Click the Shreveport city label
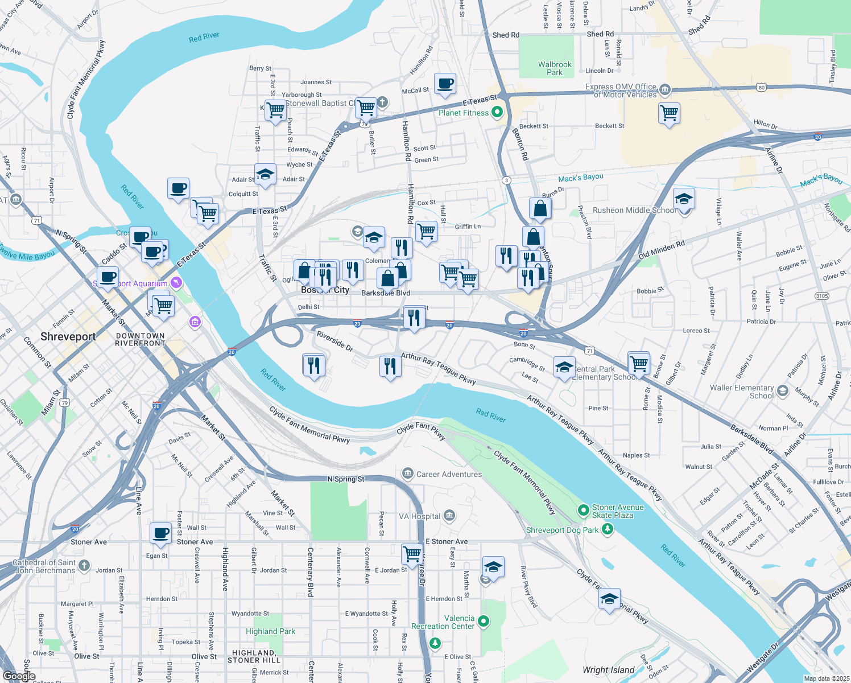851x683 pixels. tap(68, 337)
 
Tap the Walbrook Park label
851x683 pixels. tap(555, 68)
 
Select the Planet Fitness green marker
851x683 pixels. tap(497, 113)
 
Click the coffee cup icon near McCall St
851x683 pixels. tap(445, 84)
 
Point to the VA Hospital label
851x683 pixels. tap(419, 516)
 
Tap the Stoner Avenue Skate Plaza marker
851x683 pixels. tap(583, 511)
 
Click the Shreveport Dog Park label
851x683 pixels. tap(562, 530)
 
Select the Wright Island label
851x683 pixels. tap(608, 670)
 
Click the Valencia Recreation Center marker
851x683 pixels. tap(484, 622)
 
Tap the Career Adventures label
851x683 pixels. tap(449, 474)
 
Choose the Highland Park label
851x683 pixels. tap(270, 631)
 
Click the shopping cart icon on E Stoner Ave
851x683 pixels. tap(412, 553)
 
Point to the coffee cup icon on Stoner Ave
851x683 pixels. tap(161, 533)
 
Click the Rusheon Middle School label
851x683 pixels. tap(635, 210)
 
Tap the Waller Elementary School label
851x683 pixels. tap(742, 392)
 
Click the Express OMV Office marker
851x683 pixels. tap(664, 90)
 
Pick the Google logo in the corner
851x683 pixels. tap(19, 676)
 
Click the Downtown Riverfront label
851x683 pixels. tap(140, 340)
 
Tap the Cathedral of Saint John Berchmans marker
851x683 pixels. tap(84, 565)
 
